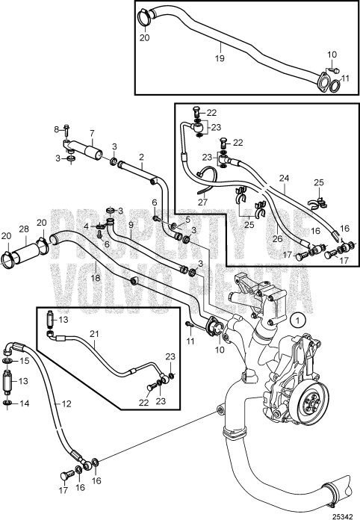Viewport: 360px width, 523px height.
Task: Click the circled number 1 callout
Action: click(298, 321)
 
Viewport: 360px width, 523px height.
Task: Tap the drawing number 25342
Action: click(343, 517)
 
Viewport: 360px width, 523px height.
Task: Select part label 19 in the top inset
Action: click(220, 58)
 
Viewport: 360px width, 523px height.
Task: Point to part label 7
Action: click(92, 134)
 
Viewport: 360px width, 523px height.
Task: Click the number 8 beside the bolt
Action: click(56, 129)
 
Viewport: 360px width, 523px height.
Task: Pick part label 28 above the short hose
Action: click(24, 229)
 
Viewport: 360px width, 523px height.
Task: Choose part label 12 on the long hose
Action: click(66, 404)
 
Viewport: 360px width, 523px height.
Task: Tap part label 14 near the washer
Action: click(25, 403)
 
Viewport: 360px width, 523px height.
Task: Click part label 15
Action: click(25, 361)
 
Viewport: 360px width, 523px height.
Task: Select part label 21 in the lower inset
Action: click(94, 333)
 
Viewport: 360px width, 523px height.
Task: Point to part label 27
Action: click(202, 202)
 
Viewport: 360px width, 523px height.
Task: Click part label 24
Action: click(285, 178)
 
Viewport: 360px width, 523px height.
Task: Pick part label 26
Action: click(277, 239)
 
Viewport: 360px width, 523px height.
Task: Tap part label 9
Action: click(131, 224)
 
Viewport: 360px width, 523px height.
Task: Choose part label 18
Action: click(96, 277)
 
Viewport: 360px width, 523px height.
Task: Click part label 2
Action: click(142, 156)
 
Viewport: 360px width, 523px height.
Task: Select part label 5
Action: click(187, 219)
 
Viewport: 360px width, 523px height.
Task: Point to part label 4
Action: click(87, 226)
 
